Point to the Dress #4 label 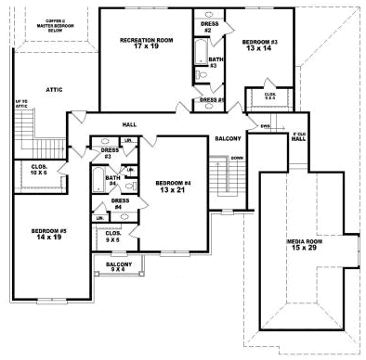click(x=119, y=204)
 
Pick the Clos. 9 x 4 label click(x=269, y=96)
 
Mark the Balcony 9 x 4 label click(x=118, y=267)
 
